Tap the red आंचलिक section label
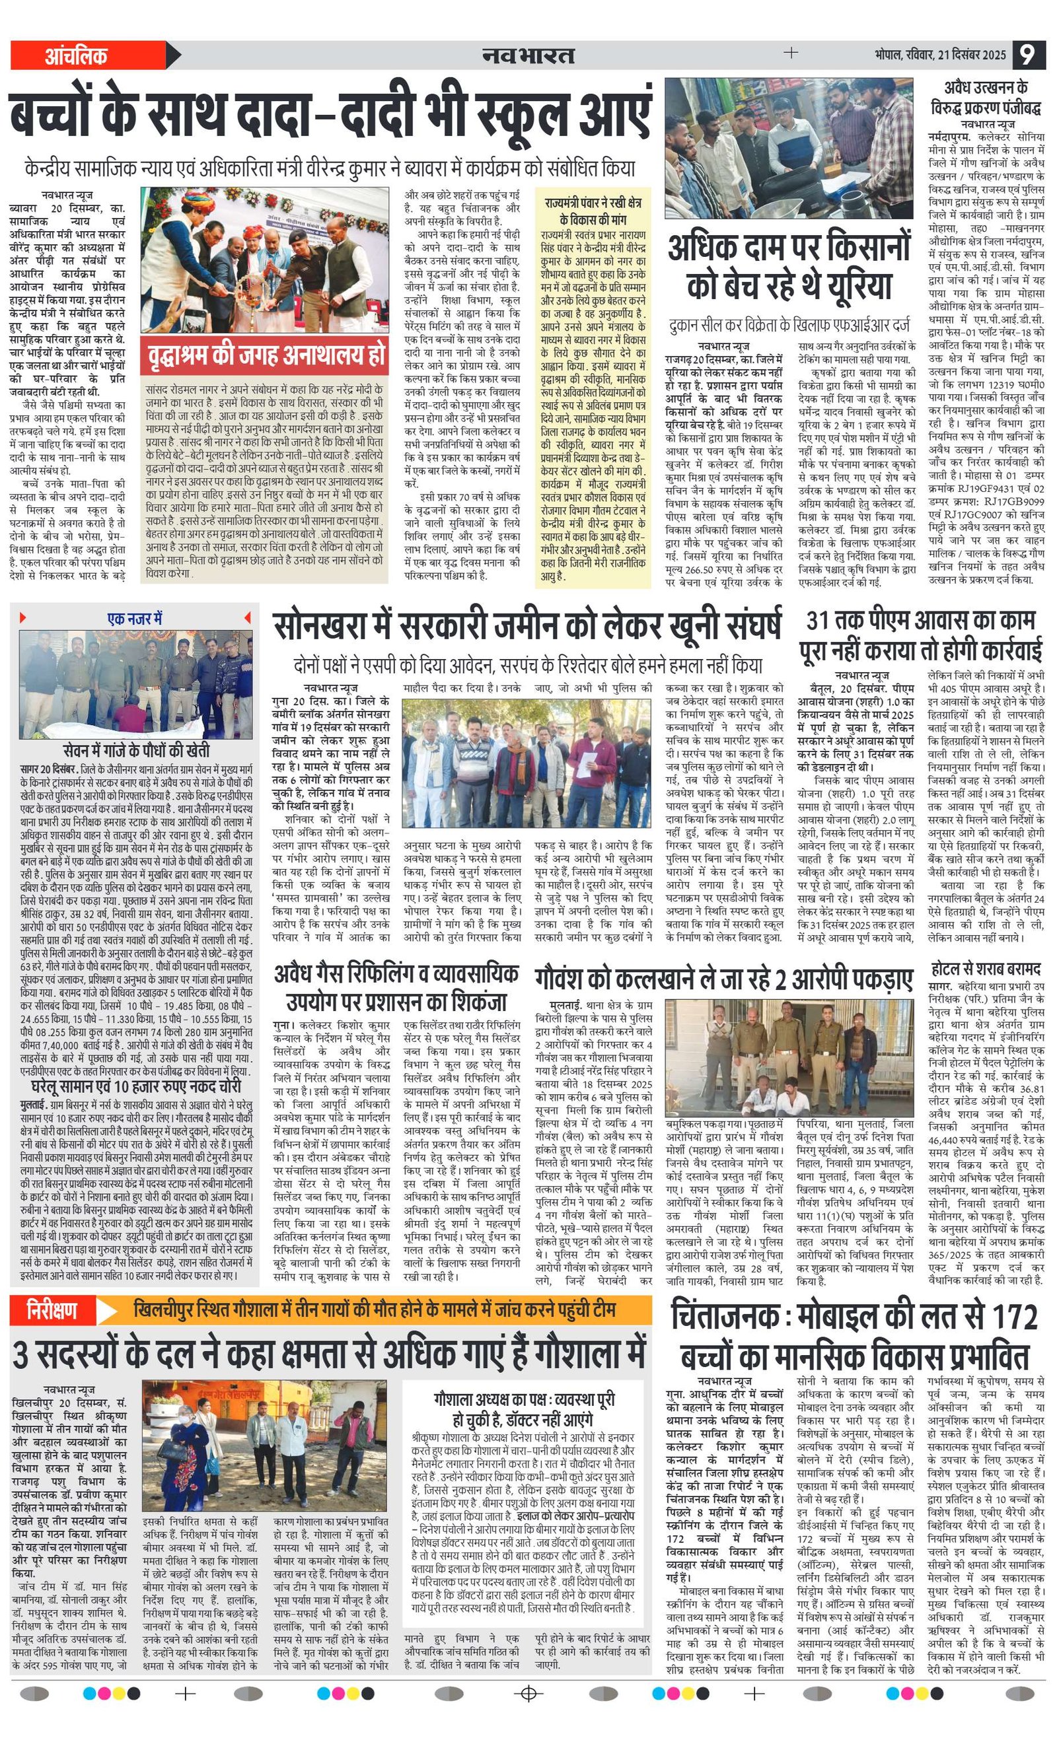[x=77, y=55]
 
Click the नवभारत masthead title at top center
[x=527, y=55]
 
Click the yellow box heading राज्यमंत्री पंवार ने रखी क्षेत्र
[x=593, y=211]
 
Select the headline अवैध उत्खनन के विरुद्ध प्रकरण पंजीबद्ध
[x=986, y=98]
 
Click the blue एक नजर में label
[x=135, y=619]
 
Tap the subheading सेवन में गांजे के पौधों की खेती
[x=135, y=750]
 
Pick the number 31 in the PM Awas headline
[x=820, y=621]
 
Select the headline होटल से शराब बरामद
[x=986, y=969]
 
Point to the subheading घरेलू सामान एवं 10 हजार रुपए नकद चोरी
[x=135, y=1086]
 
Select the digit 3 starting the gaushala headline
[x=21, y=1356]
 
